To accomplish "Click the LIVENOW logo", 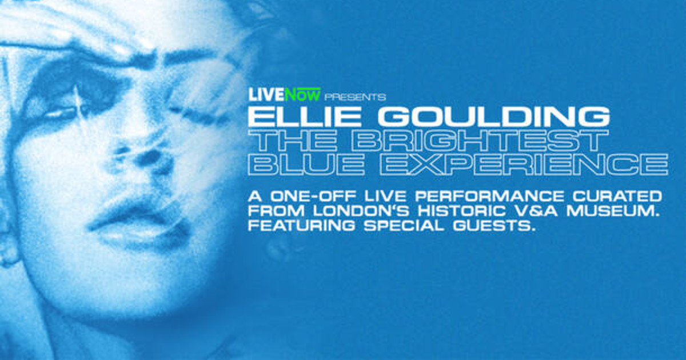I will pos(285,94).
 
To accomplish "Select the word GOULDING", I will pos(492,117).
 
